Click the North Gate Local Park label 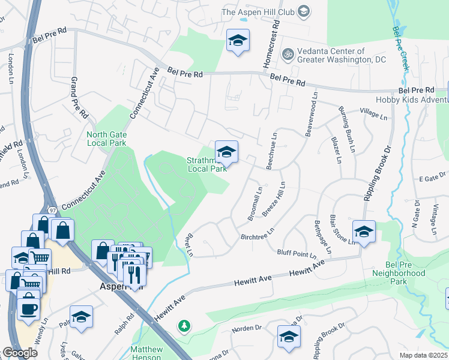(106, 139)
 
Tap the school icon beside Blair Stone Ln (364, 231)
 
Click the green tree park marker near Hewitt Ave (185, 326)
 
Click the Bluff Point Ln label (296, 254)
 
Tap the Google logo (20, 353)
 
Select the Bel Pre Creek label (400, 48)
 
